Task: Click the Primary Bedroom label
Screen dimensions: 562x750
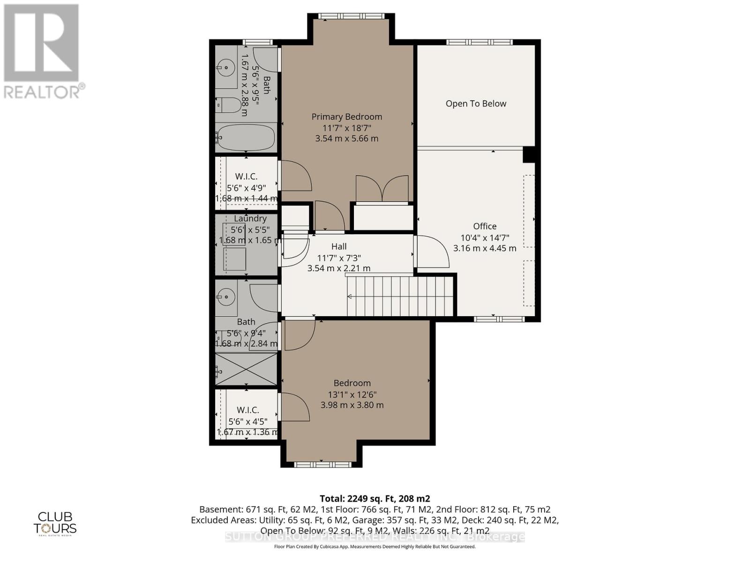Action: (x=347, y=117)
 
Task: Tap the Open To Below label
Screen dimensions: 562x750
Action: (x=476, y=104)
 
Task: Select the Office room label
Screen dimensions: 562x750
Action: (x=485, y=226)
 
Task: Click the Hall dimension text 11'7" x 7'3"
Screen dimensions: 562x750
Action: (x=339, y=258)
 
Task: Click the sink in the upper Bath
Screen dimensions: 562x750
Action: (x=227, y=67)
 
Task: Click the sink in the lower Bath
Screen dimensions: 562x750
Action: (x=227, y=296)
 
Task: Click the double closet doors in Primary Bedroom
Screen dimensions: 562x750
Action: (x=382, y=189)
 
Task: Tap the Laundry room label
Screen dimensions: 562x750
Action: (x=250, y=218)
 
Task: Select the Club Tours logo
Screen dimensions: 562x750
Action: (x=55, y=523)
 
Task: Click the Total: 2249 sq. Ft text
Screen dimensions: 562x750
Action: (x=375, y=498)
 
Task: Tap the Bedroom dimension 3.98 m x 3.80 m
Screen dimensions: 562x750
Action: (x=352, y=405)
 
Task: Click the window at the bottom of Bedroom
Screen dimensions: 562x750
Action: (x=322, y=465)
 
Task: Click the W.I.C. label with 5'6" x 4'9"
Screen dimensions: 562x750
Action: (x=247, y=177)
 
